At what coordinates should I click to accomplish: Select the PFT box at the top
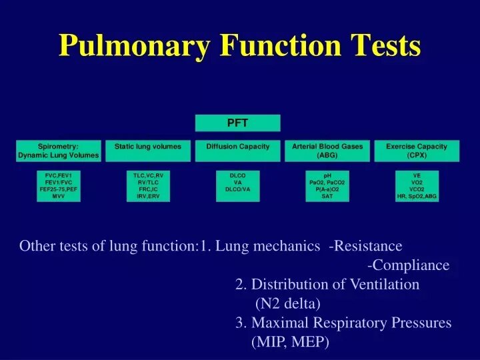click(x=237, y=123)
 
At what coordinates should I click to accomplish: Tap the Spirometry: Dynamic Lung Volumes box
click(x=58, y=151)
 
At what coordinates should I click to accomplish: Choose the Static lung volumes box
click(x=147, y=151)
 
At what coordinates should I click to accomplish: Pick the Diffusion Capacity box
click(x=237, y=151)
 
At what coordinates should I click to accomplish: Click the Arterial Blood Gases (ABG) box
click(x=327, y=151)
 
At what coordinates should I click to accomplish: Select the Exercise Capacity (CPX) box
click(x=417, y=151)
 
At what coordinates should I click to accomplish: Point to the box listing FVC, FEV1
click(x=58, y=186)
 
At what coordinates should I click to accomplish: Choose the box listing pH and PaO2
click(x=327, y=186)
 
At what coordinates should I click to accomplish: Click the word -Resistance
click(x=365, y=246)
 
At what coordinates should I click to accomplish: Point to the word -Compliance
click(x=408, y=265)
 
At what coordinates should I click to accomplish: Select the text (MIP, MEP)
click(x=290, y=343)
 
